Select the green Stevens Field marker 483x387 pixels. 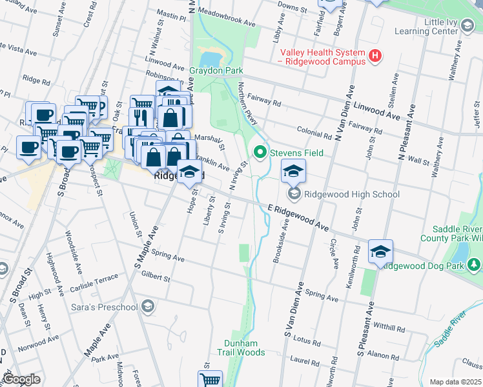coord(260,153)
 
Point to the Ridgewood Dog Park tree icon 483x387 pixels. coord(474,265)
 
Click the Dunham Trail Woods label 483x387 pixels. coord(245,348)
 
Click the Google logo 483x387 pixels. coord(21,380)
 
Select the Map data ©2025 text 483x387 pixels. coord(455,382)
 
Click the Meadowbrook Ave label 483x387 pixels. coord(227,21)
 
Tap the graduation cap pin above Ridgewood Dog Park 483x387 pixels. coord(381,252)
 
